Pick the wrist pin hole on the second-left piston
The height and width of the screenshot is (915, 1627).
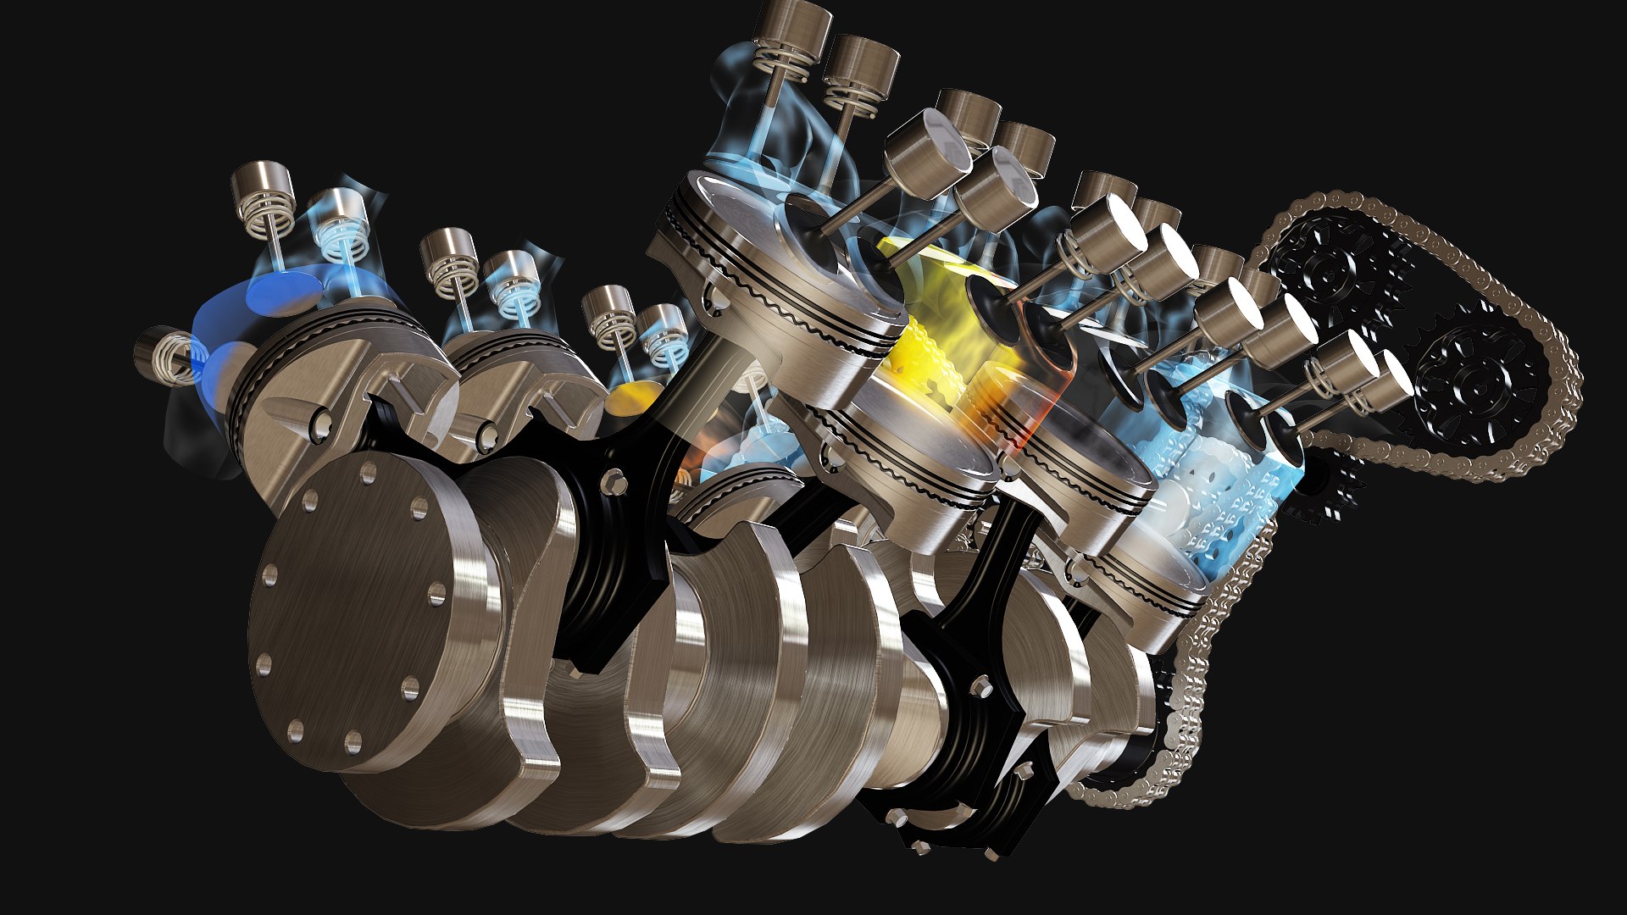pyautogui.click(x=486, y=436)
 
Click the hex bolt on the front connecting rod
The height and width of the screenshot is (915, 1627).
pyautogui.click(x=612, y=484)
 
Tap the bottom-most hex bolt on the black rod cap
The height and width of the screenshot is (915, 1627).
pyautogui.click(x=991, y=854)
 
